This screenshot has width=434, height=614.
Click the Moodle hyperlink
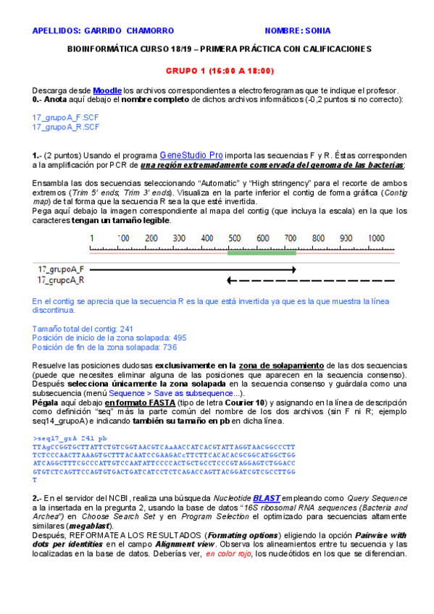pos(107,90)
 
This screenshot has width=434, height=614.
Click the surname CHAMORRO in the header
pos(150,31)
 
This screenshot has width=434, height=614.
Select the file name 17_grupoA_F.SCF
pos(66,117)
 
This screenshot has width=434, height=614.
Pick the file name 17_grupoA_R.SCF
pos(66,127)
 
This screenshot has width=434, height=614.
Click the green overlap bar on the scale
pos(261,253)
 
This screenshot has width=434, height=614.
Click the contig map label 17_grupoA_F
pos(61,269)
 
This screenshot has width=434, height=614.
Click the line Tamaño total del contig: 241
pos(83,328)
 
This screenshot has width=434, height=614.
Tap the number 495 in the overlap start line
pos(179,337)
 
